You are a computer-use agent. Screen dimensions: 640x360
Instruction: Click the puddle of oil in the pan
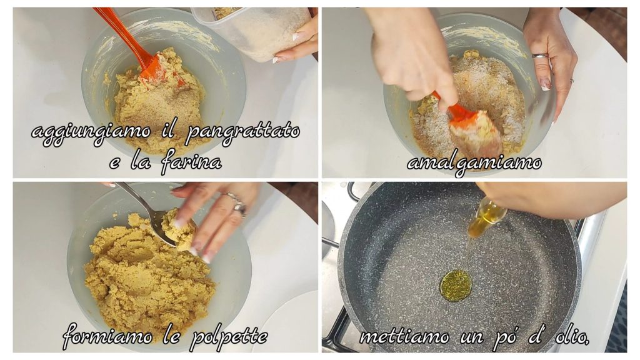(456, 286)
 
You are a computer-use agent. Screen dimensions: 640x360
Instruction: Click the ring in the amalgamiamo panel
(539, 55)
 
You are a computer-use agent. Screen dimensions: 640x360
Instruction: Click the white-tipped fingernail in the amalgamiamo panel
(545, 85)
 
